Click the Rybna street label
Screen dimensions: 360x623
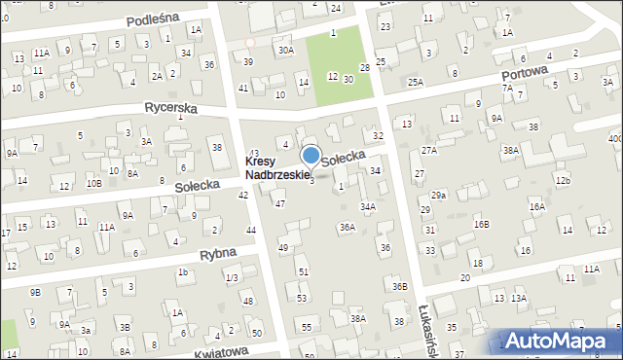tap(219, 256)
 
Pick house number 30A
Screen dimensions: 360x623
tap(285, 50)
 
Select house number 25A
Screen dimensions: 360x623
tap(416, 84)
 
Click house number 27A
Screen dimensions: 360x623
tap(429, 151)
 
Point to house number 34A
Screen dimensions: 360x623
tap(367, 206)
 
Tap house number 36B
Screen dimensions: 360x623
tap(399, 286)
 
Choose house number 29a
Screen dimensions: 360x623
tap(439, 196)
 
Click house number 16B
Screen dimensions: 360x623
tap(481, 224)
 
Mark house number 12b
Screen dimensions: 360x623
tap(562, 181)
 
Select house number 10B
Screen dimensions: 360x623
tap(93, 182)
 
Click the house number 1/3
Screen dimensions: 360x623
tap(231, 278)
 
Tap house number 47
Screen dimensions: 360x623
tap(279, 203)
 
